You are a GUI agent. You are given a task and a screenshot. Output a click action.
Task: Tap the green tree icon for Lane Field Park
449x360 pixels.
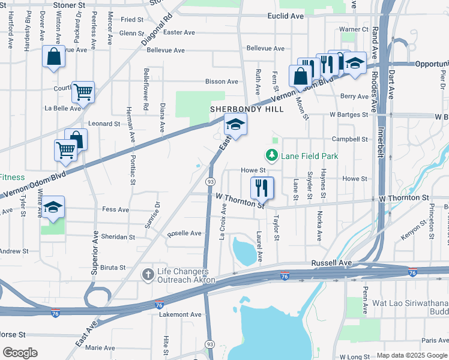[x=273, y=157]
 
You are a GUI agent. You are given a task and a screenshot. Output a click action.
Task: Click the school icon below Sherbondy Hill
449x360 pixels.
[x=236, y=125]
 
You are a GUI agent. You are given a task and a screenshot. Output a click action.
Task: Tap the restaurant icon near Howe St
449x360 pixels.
[x=262, y=187]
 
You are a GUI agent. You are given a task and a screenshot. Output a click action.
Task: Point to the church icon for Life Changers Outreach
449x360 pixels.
[x=148, y=275]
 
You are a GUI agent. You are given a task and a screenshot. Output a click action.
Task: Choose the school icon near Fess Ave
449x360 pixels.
[x=53, y=208]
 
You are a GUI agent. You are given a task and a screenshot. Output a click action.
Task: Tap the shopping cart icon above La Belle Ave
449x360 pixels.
[x=83, y=92]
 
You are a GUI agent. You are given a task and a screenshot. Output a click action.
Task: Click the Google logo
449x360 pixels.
[x=20, y=353]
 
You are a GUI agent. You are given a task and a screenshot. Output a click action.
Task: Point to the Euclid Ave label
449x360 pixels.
[x=286, y=16]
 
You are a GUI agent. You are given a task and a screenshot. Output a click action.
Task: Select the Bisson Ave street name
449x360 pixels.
[x=221, y=82]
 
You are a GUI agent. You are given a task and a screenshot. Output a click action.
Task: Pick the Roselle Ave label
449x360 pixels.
[x=185, y=233]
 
